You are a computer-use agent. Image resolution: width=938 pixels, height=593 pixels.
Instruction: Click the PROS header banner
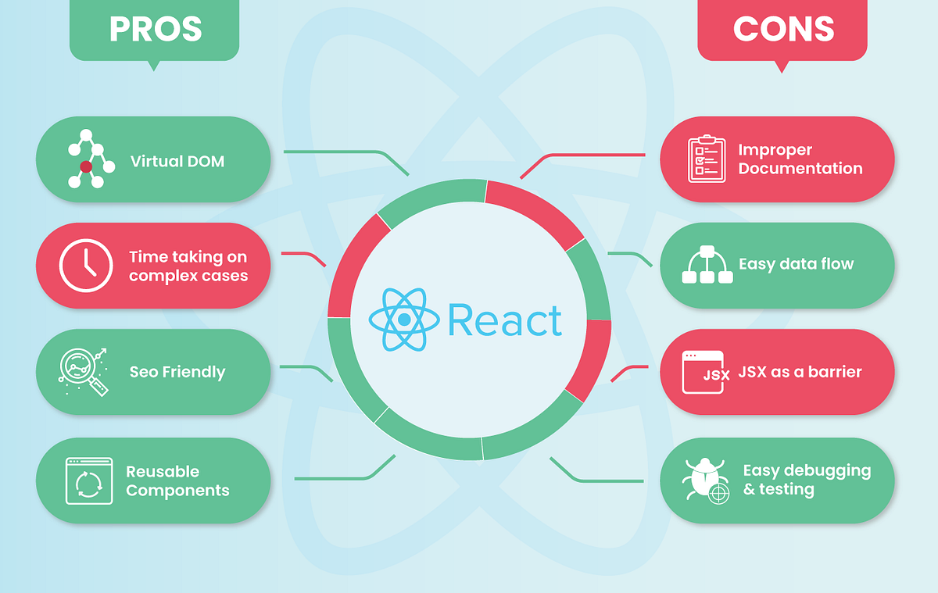click(154, 30)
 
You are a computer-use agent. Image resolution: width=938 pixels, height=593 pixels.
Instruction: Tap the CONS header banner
click(782, 30)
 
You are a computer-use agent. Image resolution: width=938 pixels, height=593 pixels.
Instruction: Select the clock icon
click(86, 266)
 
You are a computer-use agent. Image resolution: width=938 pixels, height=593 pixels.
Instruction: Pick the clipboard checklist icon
click(707, 159)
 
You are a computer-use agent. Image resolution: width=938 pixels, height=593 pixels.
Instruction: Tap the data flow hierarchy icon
click(707, 265)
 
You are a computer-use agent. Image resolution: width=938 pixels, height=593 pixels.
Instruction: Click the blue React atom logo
click(404, 319)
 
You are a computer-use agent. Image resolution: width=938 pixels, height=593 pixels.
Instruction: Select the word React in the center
click(505, 320)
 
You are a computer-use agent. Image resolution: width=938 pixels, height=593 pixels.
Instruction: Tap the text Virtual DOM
click(177, 162)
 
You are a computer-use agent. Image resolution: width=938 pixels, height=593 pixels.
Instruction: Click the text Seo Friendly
click(177, 372)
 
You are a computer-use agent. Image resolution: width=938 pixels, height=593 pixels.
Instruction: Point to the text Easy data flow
click(796, 264)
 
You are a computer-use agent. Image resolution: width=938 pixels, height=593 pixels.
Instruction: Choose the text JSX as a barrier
click(800, 372)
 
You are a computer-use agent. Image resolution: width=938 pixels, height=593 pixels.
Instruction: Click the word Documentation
click(800, 169)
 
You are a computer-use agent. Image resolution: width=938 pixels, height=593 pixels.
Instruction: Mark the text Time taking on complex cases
click(188, 266)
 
